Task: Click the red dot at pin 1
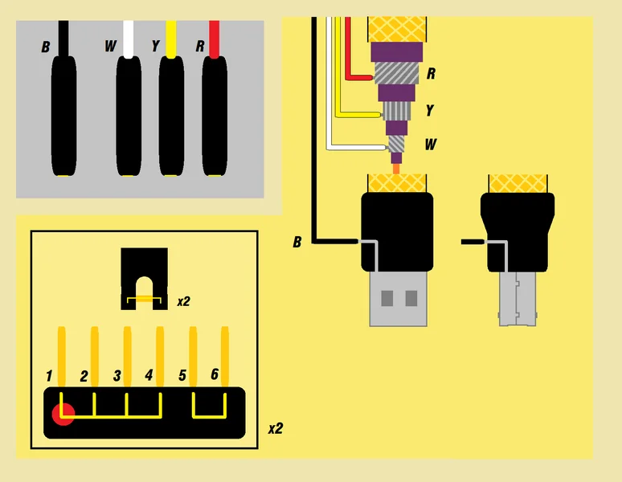coord(63,415)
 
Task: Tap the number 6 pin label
coord(214,374)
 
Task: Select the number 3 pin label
coord(117,375)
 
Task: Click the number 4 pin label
coord(149,374)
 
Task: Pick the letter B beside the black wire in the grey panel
coord(46,47)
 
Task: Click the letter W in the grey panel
coord(110,46)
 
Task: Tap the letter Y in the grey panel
coord(155,46)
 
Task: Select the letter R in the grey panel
coord(200,46)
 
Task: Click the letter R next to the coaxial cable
coord(432,74)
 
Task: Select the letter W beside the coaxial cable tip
coord(431,145)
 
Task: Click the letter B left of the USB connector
coord(297,241)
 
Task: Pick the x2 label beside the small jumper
coord(184,301)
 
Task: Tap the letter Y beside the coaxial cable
coord(430,110)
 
